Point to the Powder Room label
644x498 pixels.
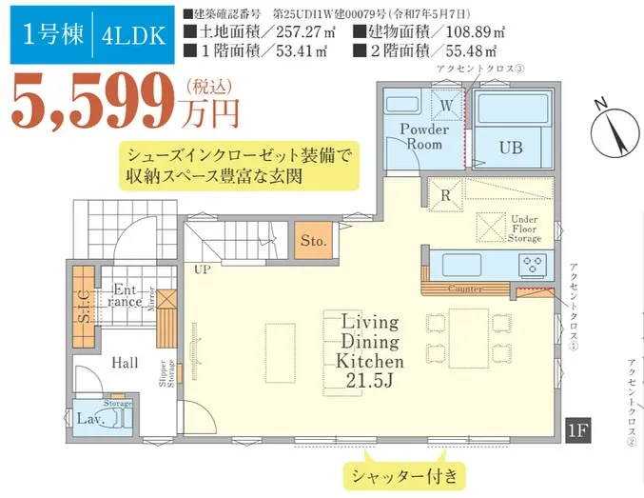424,136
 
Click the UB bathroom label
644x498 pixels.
511,147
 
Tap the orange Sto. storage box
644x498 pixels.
314,241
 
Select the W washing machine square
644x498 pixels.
445,101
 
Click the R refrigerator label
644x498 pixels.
444,195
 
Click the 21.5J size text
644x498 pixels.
369,381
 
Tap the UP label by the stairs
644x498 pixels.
202,269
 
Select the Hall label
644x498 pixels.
125,363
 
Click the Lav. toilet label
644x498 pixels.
90,418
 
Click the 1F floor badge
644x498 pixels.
579,429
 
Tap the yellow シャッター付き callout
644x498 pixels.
404,473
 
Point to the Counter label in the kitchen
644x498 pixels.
464,288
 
